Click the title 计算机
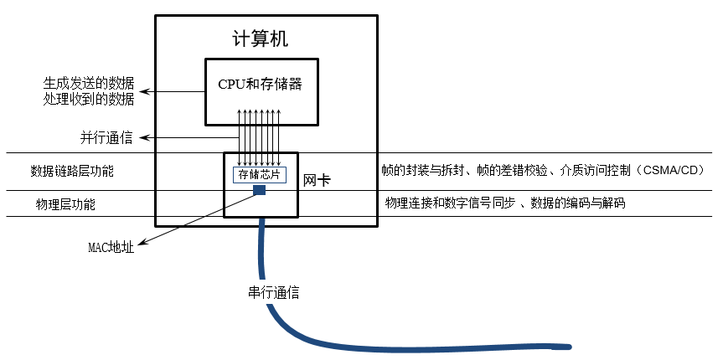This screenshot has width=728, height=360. tap(261, 39)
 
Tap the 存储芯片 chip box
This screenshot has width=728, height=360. tap(260, 175)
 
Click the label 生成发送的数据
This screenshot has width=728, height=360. tap(89, 84)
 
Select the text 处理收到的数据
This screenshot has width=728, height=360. tap(89, 99)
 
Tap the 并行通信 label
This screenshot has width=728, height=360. tap(106, 138)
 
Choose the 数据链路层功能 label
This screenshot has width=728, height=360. tap(72, 171)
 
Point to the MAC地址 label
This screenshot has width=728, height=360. tap(111, 247)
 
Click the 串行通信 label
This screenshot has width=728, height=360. tap(273, 292)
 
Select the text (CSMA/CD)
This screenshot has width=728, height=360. tap(669, 170)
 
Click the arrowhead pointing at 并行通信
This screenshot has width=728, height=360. tap(141, 138)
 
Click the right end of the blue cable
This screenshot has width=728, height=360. tap(568, 346)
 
